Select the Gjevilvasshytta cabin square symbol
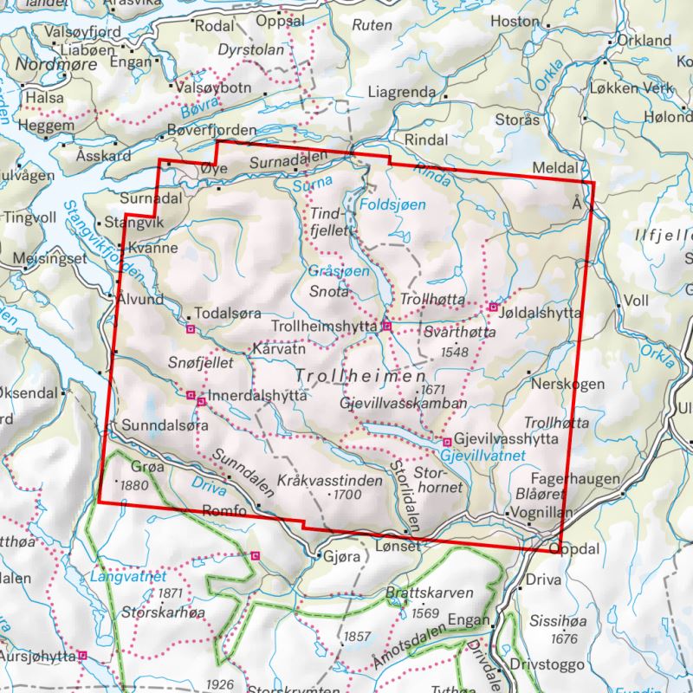point(447,441)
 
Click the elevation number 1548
point(454,353)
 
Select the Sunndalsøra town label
point(161,426)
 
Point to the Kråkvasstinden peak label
point(330,479)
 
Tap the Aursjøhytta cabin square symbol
point(81,656)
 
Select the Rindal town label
point(424,139)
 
